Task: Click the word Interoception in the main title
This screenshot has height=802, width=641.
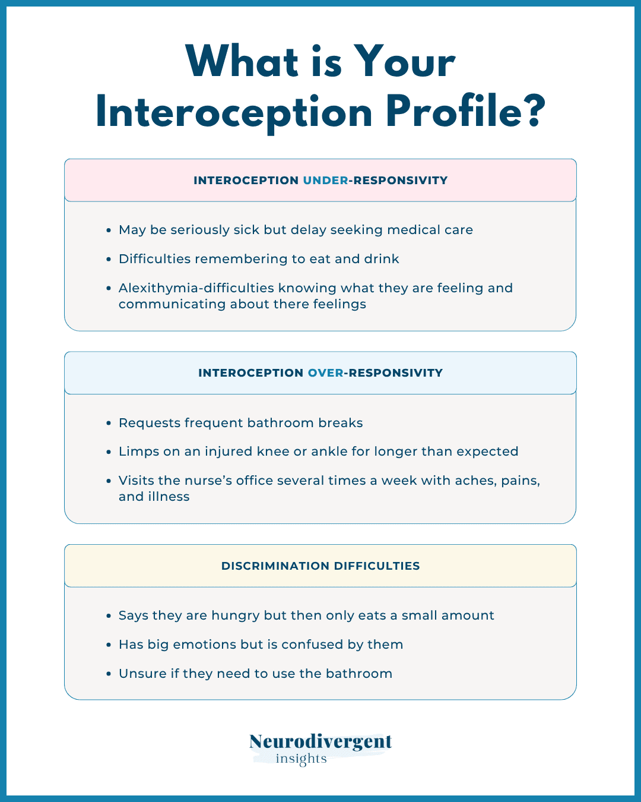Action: (x=234, y=112)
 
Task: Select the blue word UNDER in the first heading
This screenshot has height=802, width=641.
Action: (x=325, y=181)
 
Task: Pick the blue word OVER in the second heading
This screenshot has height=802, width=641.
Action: (x=325, y=372)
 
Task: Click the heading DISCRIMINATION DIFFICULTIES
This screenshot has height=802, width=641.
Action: (x=320, y=566)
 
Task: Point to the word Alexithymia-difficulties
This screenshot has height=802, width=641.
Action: (x=196, y=288)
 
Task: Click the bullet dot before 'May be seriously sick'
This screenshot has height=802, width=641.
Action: (x=109, y=231)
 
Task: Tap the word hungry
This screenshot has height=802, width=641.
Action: (x=236, y=615)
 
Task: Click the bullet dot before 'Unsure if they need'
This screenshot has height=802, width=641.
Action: (x=109, y=674)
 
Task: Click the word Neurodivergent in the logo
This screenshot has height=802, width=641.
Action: (x=320, y=741)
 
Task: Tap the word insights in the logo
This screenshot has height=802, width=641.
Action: (x=301, y=759)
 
